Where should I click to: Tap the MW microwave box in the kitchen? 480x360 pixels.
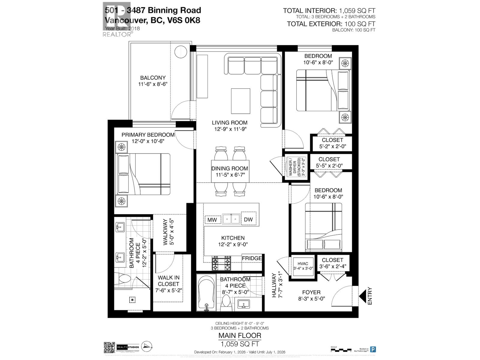click(x=212, y=220)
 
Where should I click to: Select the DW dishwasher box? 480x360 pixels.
click(x=248, y=220)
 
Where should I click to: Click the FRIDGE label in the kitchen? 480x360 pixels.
click(x=252, y=258)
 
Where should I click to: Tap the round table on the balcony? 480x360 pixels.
click(x=181, y=51)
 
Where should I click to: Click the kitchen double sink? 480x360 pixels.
click(x=231, y=219)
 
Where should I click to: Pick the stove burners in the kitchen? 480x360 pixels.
click(x=221, y=264)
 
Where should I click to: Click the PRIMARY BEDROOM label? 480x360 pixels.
click(x=148, y=135)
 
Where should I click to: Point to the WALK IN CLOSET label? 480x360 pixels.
click(x=168, y=281)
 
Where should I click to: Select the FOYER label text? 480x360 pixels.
click(x=311, y=292)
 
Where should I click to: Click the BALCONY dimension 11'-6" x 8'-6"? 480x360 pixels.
click(x=152, y=84)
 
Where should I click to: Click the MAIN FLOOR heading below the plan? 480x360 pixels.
click(x=239, y=335)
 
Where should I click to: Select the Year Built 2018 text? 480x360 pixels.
click(x=122, y=28)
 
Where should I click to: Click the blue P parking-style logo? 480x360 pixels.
click(x=373, y=349)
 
